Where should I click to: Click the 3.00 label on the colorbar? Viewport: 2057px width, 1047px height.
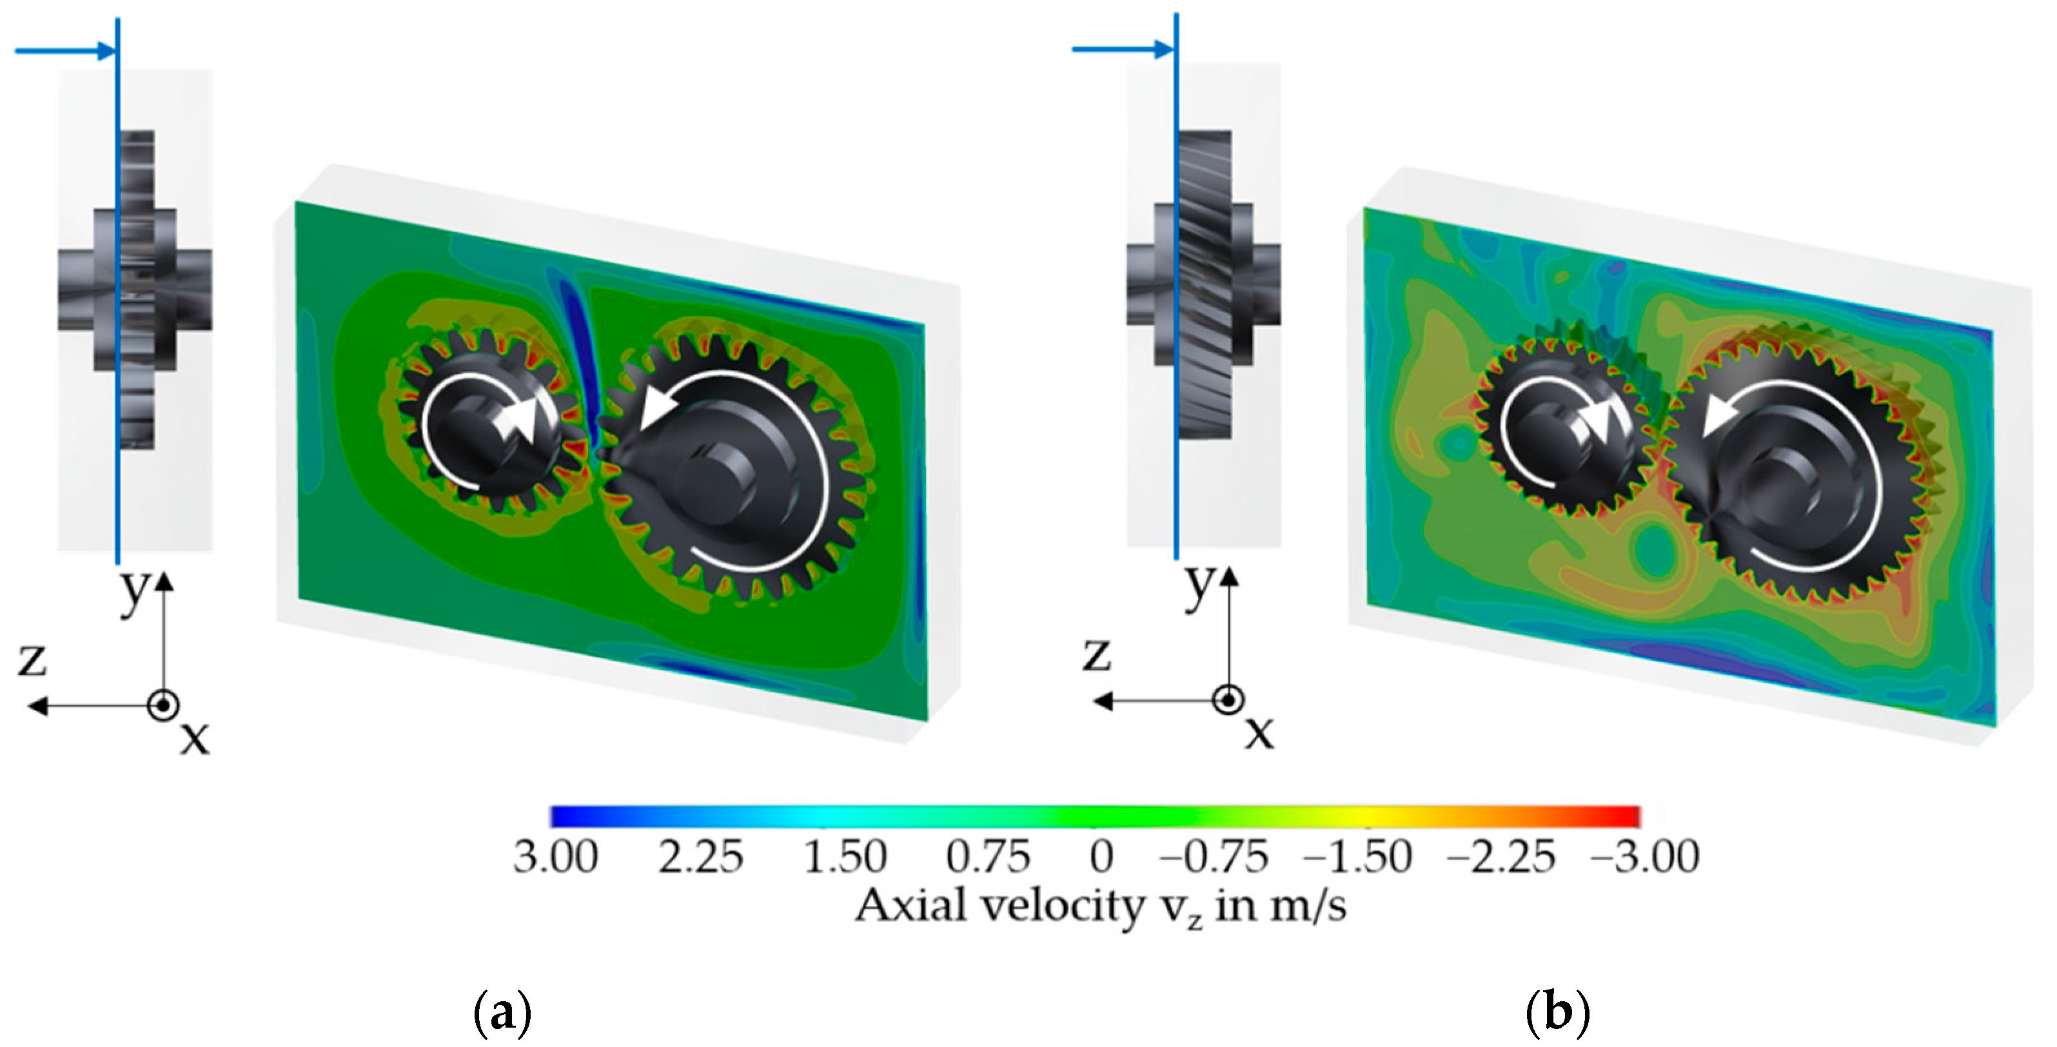click(x=556, y=857)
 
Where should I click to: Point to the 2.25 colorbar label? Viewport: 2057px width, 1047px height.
click(x=700, y=857)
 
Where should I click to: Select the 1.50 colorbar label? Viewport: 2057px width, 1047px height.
click(x=845, y=857)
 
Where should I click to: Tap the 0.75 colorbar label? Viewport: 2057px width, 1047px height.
click(x=989, y=857)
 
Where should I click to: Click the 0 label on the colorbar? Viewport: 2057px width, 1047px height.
click(x=1101, y=857)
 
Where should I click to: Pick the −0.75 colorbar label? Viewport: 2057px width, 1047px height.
click(x=1214, y=857)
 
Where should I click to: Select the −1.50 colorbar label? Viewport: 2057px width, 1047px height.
click(x=1357, y=857)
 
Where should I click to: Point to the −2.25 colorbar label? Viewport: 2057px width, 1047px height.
click(x=1501, y=857)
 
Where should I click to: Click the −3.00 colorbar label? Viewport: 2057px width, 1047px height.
click(x=1645, y=857)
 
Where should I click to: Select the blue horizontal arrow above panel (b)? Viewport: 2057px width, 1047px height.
click(x=1122, y=50)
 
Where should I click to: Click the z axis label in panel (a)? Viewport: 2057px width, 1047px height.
click(x=33, y=660)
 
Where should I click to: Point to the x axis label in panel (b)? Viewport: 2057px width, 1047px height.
click(x=1259, y=730)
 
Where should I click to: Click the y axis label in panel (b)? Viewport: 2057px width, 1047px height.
click(x=1199, y=586)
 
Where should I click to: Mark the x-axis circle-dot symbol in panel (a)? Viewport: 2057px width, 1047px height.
click(x=163, y=706)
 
